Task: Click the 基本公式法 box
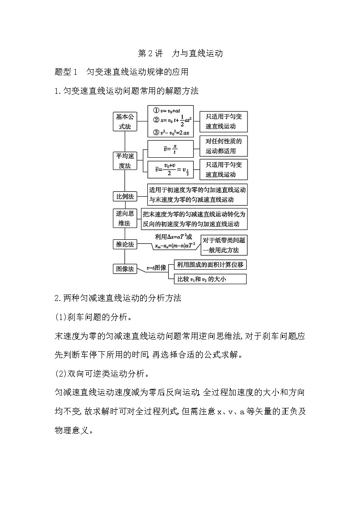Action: [x=124, y=121]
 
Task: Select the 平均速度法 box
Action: [x=124, y=161]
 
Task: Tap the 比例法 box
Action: [x=124, y=196]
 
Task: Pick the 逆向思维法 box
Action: [x=124, y=218]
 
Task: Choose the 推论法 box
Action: [x=124, y=245]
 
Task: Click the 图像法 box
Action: [x=124, y=269]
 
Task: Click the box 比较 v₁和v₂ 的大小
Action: [x=207, y=279]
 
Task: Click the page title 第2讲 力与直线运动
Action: [x=180, y=53]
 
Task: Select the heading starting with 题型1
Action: [x=121, y=72]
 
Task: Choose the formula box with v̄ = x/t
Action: [x=170, y=149]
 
